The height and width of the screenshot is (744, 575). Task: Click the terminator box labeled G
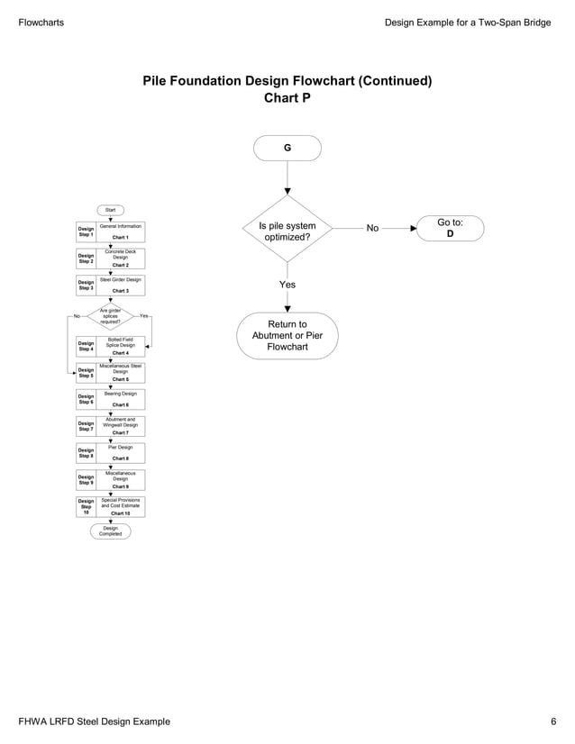287,148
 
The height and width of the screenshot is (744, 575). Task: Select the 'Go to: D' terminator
450,228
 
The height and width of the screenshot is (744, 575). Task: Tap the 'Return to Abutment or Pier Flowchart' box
287,336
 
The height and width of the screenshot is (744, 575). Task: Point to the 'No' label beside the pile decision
372,229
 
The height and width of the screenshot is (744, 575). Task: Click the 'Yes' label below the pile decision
287,285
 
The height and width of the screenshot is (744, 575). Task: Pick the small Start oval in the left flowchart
110,210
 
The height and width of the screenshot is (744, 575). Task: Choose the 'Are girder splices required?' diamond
110,316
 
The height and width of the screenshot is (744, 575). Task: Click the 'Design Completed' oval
110,531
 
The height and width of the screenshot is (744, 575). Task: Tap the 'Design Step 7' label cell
87,426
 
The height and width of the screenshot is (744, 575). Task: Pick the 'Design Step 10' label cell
87,506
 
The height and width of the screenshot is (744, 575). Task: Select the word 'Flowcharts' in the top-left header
41,22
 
